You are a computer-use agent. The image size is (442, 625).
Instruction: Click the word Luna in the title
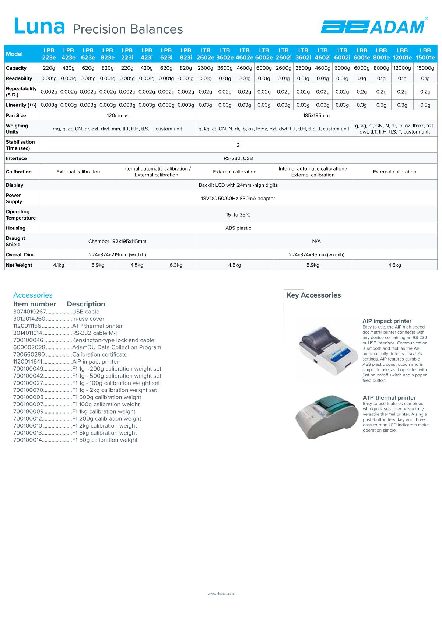click(39, 27)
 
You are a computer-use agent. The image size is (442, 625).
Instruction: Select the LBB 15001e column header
click(425, 54)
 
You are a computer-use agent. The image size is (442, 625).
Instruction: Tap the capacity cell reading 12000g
click(402, 68)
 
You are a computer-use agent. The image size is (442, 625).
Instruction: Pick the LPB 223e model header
click(49, 54)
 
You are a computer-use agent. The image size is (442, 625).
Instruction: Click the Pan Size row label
click(16, 116)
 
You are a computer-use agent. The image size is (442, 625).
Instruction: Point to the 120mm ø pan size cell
click(117, 116)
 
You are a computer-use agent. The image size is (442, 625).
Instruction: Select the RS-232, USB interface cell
click(238, 158)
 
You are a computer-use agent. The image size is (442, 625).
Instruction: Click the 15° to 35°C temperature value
click(238, 215)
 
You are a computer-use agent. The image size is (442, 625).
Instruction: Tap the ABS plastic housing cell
click(238, 228)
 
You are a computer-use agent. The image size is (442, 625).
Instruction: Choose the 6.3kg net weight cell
click(176, 265)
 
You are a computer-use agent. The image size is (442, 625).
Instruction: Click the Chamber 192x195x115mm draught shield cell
click(117, 242)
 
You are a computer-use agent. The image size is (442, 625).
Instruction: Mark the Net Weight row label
click(19, 265)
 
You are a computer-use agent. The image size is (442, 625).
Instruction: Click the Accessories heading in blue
click(33, 295)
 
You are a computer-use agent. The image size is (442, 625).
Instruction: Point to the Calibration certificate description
click(100, 355)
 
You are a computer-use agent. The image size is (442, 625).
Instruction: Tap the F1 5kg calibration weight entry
click(105, 433)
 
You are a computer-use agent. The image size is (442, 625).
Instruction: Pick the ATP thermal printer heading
click(389, 398)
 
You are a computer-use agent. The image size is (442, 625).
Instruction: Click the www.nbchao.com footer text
click(221, 594)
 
